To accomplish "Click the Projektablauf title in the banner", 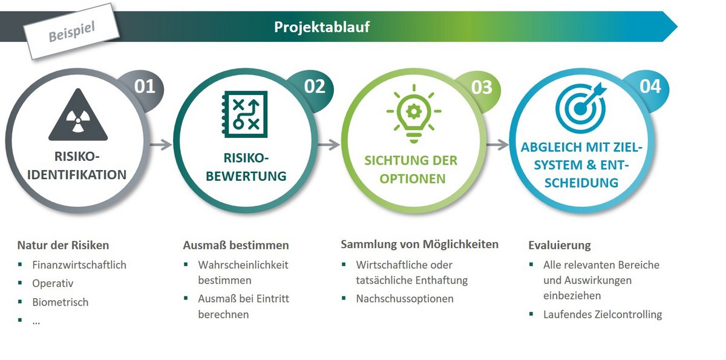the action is click(x=321, y=27).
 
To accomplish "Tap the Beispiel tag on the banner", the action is click(x=71, y=31).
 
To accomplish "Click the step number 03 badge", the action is click(x=482, y=87).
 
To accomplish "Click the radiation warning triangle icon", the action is click(x=78, y=115).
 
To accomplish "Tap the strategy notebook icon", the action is click(x=244, y=114).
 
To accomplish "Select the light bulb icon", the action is click(x=414, y=113).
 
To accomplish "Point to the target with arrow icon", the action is click(x=581, y=108).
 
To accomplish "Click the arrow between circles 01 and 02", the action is click(x=161, y=145).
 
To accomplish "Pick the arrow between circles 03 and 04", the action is click(x=498, y=145).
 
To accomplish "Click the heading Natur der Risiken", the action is click(x=63, y=245).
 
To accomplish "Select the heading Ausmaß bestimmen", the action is click(x=236, y=245).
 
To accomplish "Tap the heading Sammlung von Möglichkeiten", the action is click(x=419, y=244).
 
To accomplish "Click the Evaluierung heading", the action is click(x=560, y=245).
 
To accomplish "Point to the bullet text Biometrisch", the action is click(x=60, y=302).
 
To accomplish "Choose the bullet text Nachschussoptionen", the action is click(x=405, y=298).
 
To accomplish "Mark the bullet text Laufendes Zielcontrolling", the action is click(x=603, y=314).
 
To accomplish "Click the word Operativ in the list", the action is click(x=53, y=284).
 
